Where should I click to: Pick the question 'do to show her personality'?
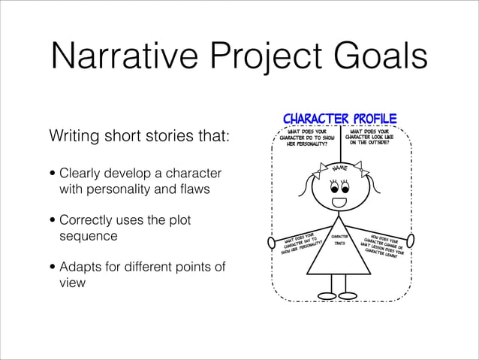pyautogui.click(x=306, y=138)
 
